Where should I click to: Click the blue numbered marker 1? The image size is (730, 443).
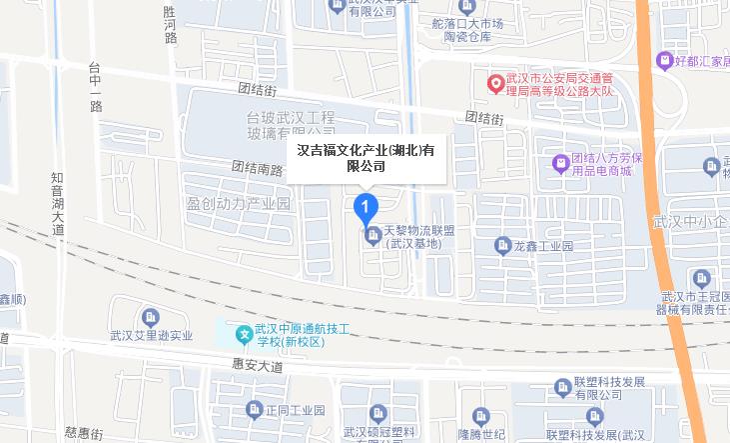[366, 208]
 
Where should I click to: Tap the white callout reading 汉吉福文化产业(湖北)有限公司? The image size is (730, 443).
[366, 157]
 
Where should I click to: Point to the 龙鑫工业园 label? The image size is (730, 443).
[543, 245]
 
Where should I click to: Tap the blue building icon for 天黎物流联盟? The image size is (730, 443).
[372, 236]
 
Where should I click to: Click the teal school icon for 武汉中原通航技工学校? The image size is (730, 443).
[242, 332]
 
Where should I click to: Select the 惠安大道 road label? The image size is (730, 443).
[257, 366]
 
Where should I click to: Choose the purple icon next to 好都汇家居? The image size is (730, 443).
[664, 59]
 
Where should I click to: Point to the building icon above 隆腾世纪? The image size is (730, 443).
[480, 414]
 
